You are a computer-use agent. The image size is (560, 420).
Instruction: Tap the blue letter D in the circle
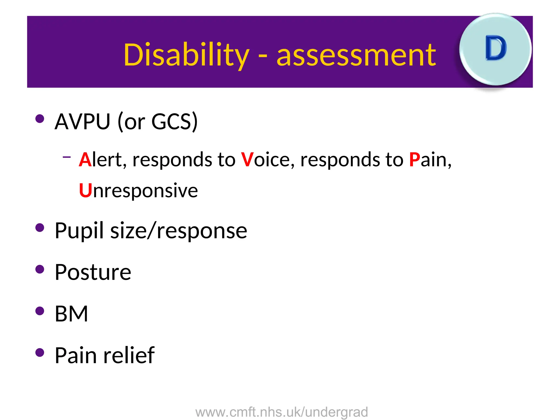point(495,48)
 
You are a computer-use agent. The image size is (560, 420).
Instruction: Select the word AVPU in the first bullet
point(82,121)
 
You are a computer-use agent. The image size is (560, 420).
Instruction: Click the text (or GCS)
point(157,121)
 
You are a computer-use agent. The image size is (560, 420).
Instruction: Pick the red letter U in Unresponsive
point(85,191)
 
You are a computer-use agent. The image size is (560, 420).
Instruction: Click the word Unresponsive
point(138,191)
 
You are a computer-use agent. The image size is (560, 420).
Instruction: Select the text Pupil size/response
point(151,231)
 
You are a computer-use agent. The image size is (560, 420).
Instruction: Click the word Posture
point(93,272)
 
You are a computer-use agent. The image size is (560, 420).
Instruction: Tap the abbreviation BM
point(71,314)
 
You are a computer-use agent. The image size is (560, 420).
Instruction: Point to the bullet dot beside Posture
point(40,269)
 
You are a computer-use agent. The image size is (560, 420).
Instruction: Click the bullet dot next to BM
point(40,311)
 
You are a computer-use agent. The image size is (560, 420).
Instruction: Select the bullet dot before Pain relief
point(40,352)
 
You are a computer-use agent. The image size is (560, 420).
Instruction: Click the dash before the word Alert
point(66,157)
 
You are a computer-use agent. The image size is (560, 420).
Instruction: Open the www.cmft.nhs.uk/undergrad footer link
point(282,412)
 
